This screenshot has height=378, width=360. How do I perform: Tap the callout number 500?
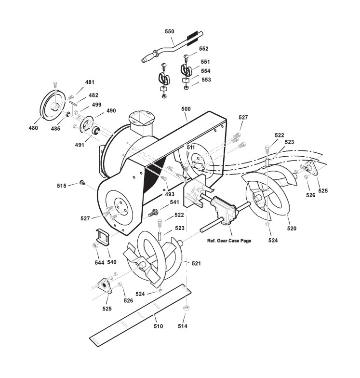click(x=187, y=109)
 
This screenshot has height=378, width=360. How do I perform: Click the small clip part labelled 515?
click(x=82, y=182)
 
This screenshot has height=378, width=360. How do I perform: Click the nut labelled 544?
click(x=95, y=246)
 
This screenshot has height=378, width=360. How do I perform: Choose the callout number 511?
click(x=191, y=148)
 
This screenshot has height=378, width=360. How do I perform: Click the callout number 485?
click(x=56, y=129)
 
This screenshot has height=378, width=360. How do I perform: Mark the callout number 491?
click(x=78, y=144)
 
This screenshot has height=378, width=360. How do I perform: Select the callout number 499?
click(x=96, y=105)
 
